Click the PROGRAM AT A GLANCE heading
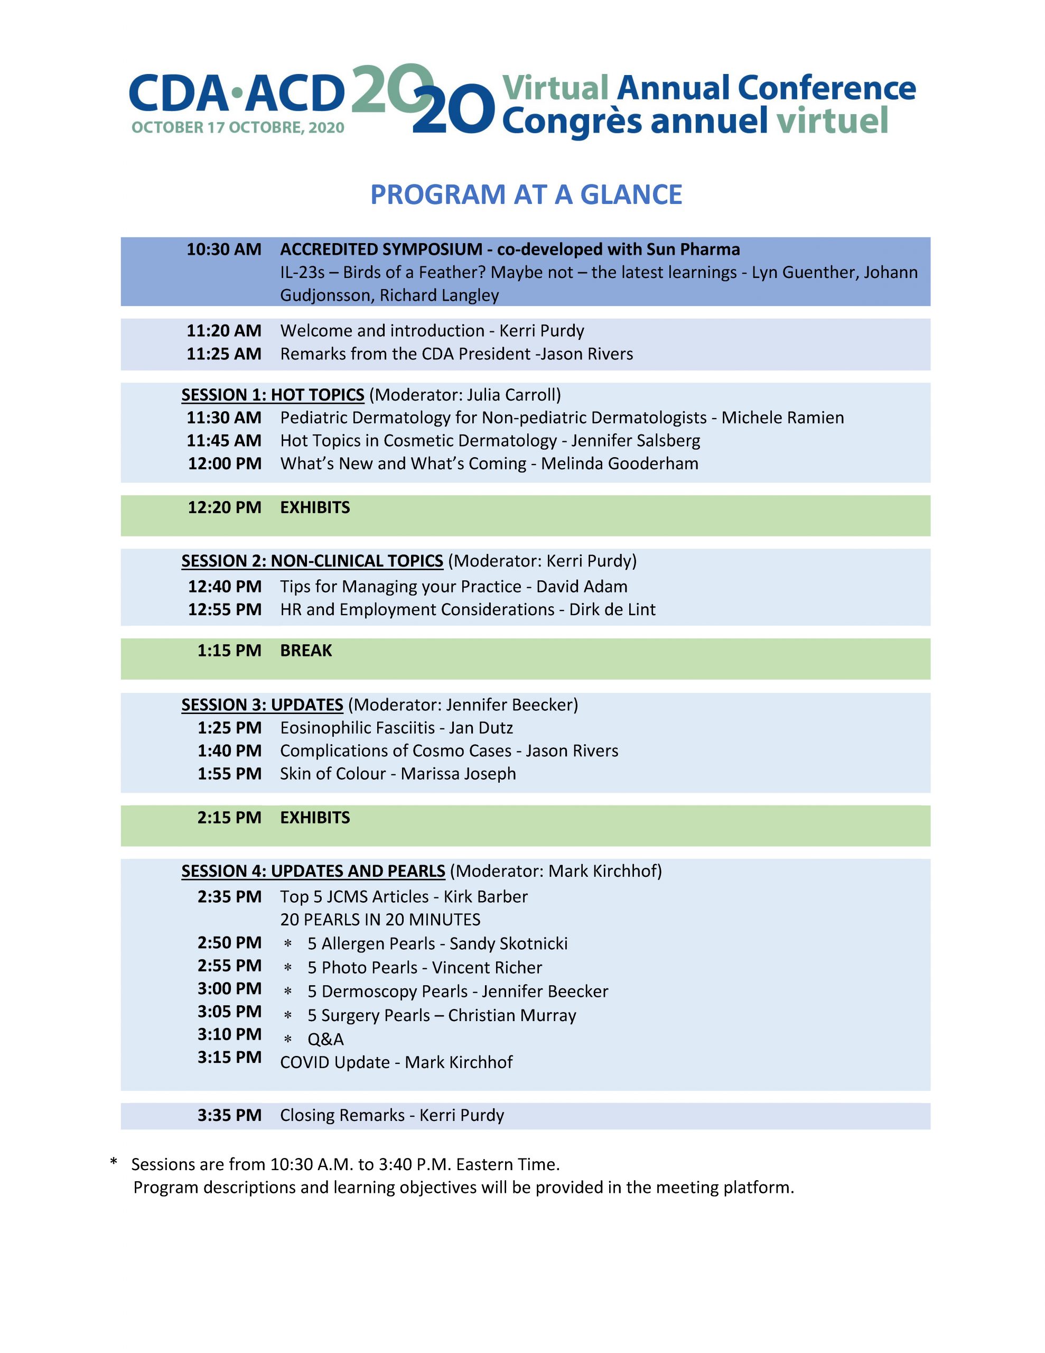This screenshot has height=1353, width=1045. [526, 194]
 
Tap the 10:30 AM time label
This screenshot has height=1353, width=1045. [223, 249]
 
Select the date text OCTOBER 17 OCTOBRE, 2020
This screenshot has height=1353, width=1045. [238, 127]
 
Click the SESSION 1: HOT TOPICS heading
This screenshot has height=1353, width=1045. [273, 395]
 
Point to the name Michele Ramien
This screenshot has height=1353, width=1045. [782, 418]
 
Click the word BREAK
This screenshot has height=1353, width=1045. [306, 651]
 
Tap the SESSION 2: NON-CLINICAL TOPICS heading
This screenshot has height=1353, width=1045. [312, 561]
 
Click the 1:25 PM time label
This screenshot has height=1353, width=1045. [229, 728]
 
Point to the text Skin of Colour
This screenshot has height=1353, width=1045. [333, 774]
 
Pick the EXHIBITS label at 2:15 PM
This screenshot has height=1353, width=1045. [315, 818]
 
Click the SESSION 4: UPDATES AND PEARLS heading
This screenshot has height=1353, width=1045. [313, 871]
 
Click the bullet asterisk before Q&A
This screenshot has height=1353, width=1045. [287, 1040]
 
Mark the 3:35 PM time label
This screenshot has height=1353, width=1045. [229, 1116]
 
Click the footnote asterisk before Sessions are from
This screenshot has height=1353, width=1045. [114, 1163]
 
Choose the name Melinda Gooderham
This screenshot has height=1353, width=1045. [619, 464]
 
